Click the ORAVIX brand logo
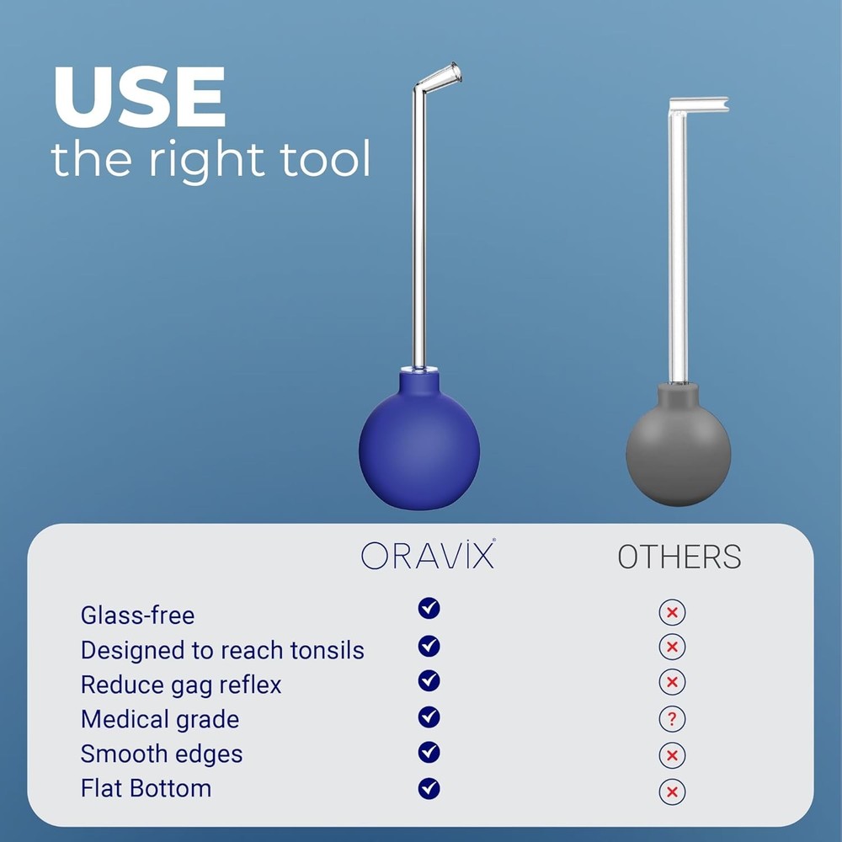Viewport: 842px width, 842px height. [428, 556]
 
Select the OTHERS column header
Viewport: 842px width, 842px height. [679, 557]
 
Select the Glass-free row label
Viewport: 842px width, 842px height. [137, 616]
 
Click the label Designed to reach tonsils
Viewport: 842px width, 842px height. [222, 650]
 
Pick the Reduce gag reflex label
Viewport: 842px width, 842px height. [181, 685]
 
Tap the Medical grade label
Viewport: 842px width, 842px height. [160, 719]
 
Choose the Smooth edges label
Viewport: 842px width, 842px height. [162, 754]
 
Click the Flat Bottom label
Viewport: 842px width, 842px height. [146, 788]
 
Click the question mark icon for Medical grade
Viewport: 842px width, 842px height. [672, 719]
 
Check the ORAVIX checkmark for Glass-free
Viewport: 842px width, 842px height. [429, 608]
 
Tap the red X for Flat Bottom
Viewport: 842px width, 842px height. [672, 791]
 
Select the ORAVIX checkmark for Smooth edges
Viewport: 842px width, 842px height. [429, 751]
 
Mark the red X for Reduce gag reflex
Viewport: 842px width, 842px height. [672, 682]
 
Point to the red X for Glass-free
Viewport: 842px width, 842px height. [672, 612]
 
